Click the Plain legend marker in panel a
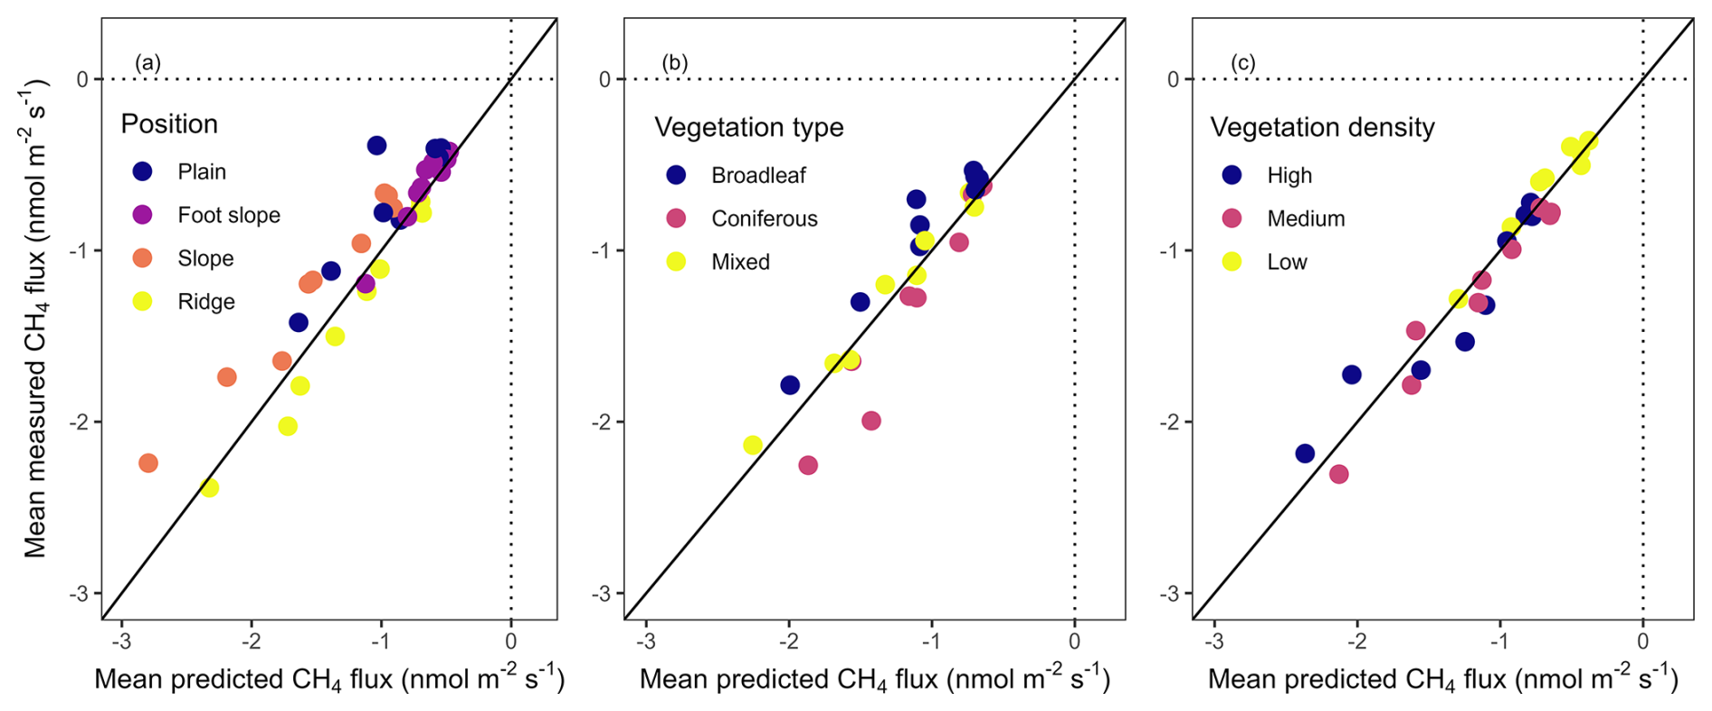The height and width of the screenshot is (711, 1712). pyautogui.click(x=142, y=171)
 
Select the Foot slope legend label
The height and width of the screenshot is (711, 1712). pyautogui.click(x=229, y=215)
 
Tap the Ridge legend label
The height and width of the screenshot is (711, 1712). pyautogui.click(x=206, y=302)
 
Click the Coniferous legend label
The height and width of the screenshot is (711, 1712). pyautogui.click(x=764, y=219)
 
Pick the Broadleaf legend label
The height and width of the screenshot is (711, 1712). pyautogui.click(x=758, y=175)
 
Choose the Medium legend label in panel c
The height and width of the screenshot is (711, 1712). pyautogui.click(x=1306, y=219)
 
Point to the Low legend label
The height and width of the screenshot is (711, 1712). pyautogui.click(x=1287, y=262)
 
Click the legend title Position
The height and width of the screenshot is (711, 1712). pyautogui.click(x=169, y=124)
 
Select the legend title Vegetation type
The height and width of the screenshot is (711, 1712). pyautogui.click(x=748, y=128)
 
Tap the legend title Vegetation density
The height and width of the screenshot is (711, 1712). pyautogui.click(x=1322, y=128)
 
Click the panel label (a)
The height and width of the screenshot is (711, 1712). pyautogui.click(x=147, y=63)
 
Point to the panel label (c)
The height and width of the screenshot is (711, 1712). pyautogui.click(x=1242, y=63)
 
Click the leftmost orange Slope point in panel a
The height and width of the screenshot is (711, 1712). pyautogui.click(x=148, y=463)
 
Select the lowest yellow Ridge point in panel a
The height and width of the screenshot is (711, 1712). pyautogui.click(x=209, y=488)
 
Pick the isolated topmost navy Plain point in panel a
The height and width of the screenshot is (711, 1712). pyautogui.click(x=376, y=146)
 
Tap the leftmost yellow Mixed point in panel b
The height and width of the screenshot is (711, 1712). pyautogui.click(x=753, y=445)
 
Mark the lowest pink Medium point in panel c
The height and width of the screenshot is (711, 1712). pyautogui.click(x=1339, y=474)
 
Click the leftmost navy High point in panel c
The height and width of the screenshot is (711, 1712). pyautogui.click(x=1305, y=453)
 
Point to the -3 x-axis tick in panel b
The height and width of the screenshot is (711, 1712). pyautogui.click(x=645, y=642)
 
